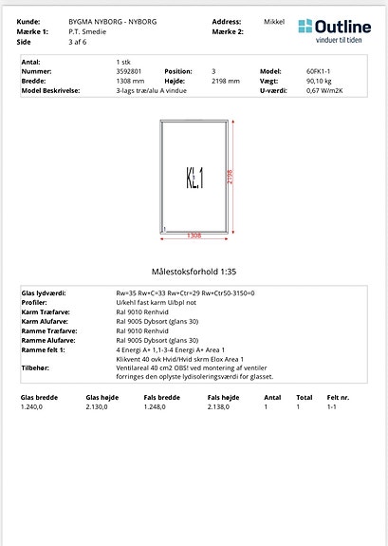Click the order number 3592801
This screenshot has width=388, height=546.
tap(129, 71)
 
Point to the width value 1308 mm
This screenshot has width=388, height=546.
tap(130, 81)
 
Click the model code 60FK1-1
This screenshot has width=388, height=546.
tap(318, 71)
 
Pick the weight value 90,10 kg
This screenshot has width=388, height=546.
tap(319, 81)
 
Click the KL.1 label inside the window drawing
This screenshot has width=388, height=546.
tap(194, 178)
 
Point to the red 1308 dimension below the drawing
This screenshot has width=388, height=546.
tap(194, 235)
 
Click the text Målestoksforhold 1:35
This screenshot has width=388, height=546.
tap(194, 271)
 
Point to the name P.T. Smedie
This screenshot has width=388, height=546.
tap(86, 31)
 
